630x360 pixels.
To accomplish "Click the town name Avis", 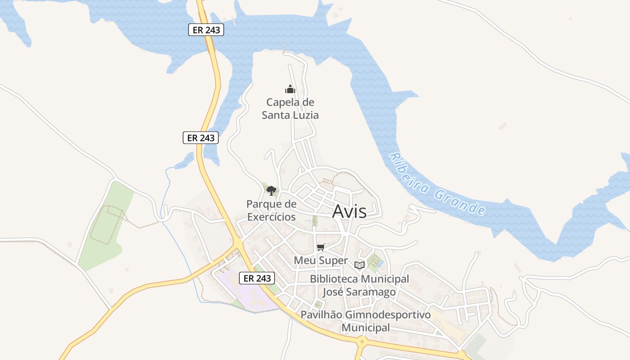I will tap(349, 211).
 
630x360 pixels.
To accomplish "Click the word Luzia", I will tap(304, 115).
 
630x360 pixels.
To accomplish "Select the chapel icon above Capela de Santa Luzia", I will tap(290, 89).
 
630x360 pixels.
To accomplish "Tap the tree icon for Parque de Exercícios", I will tap(271, 191).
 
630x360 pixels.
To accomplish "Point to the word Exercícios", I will tap(271, 217).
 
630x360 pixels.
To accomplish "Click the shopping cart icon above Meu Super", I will tap(320, 247).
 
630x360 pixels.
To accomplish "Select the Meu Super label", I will tap(320, 261).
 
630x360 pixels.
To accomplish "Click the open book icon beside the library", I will tap(359, 265).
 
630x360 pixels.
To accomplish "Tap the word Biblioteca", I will tap(334, 279).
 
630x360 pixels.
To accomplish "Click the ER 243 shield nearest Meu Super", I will tap(257, 278).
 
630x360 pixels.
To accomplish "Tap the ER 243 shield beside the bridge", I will tap(206, 30).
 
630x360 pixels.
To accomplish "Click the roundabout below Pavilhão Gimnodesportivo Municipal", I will tap(361, 342).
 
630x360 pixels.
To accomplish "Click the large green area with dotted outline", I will tap(104, 225).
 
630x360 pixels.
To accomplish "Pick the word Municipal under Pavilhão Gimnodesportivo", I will tap(365, 328).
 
